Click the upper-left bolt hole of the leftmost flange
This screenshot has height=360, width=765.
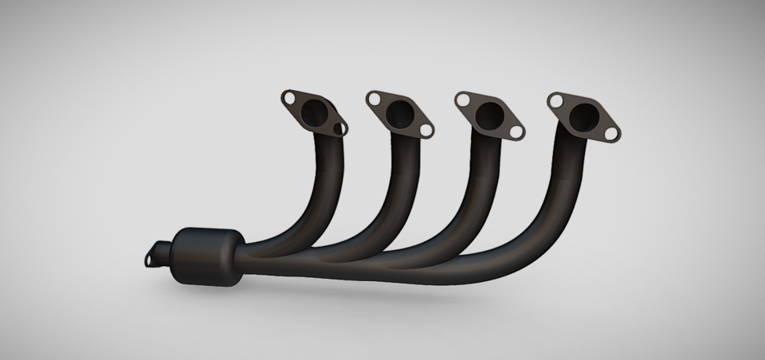pyautogui.click(x=289, y=98)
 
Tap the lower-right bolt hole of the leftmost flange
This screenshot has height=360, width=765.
pyautogui.click(x=341, y=127)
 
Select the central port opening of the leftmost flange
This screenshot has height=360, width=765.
pyautogui.click(x=316, y=112)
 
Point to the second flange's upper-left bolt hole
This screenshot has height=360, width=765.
pyautogui.click(x=375, y=100)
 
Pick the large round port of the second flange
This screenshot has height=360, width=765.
pyautogui.click(x=400, y=114)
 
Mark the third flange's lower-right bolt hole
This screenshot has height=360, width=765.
pyautogui.click(x=516, y=131)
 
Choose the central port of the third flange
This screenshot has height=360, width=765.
pyautogui.click(x=489, y=116)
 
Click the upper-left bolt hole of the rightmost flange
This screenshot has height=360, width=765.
pyautogui.click(x=556, y=101)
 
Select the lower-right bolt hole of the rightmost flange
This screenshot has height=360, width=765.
pyautogui.click(x=611, y=134)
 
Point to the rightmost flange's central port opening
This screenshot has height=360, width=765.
pyautogui.click(x=584, y=117)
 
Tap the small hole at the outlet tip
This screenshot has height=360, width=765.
pyautogui.click(x=151, y=256)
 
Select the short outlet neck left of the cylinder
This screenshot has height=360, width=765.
pyautogui.click(x=163, y=253)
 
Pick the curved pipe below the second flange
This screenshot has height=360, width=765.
pyautogui.click(x=402, y=199)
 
